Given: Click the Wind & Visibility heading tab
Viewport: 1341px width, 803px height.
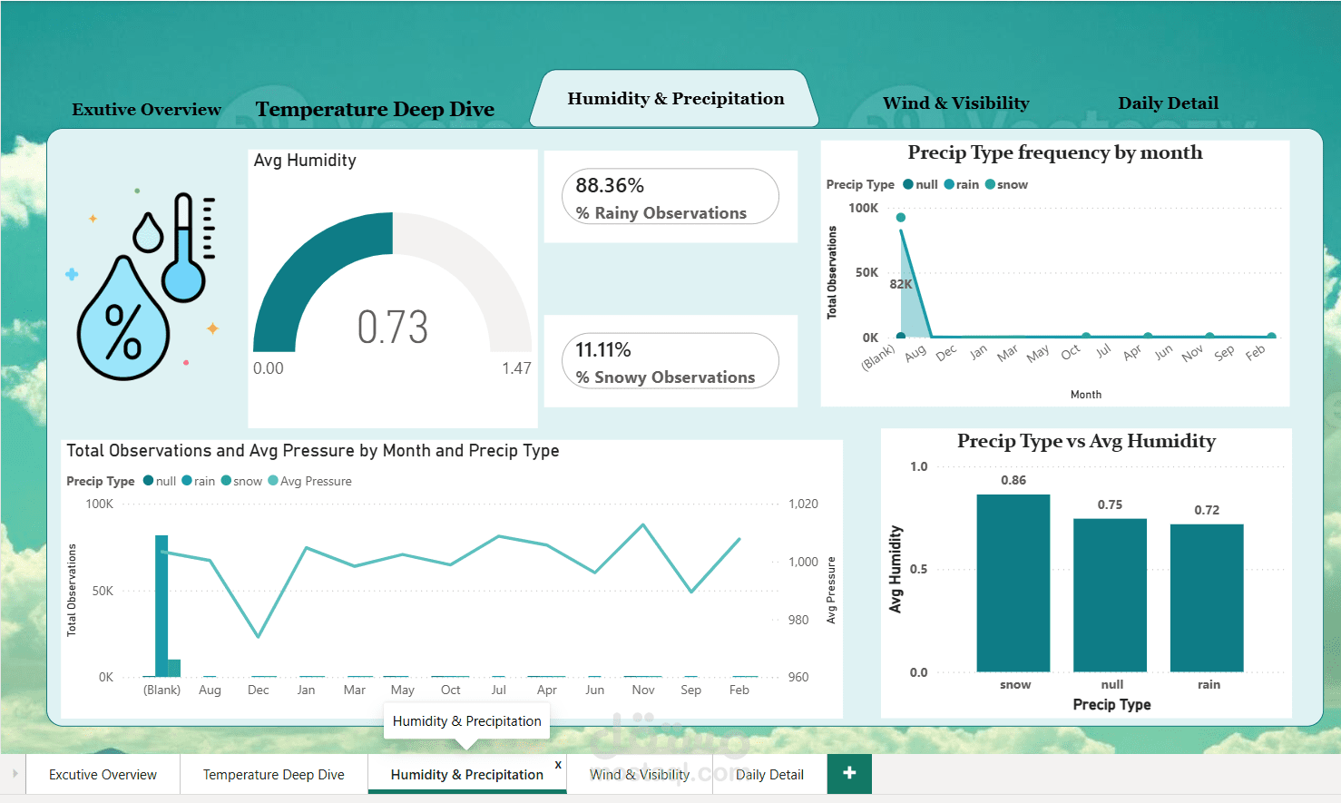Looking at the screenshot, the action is click(956, 103).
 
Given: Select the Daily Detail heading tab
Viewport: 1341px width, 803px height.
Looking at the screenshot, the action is click(1168, 103).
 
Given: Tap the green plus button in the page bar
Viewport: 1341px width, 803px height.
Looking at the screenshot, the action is click(849, 774).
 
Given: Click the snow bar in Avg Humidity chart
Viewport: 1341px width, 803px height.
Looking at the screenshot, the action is click(1013, 583).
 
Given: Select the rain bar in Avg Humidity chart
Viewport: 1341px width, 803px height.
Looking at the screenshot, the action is click(1207, 598).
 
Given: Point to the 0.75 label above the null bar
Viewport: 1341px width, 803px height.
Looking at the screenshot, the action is click(1110, 504).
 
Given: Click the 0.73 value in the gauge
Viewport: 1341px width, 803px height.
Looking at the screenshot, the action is click(393, 328).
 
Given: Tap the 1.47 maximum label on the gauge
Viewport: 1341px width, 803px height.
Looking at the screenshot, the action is click(516, 367).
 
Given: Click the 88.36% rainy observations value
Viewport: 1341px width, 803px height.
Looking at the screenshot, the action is click(610, 186).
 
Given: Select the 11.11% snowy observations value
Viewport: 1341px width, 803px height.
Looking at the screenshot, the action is click(602, 349).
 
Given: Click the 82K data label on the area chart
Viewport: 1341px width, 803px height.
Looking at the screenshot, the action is click(900, 284).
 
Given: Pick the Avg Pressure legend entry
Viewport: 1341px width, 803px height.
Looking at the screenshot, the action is click(309, 481).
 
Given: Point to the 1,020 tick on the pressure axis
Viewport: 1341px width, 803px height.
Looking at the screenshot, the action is click(803, 504).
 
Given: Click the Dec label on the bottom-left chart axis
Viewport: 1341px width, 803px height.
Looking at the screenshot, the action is click(258, 690).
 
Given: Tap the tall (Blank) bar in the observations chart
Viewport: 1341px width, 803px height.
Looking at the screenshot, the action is click(161, 606).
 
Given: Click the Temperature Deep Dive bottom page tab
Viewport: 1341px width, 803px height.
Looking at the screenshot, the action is click(274, 774).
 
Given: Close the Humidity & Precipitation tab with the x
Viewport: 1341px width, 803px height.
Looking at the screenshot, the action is click(558, 765).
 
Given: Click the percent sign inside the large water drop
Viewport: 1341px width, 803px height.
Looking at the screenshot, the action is click(123, 331).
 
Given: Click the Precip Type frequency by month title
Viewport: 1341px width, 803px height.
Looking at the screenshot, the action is click(1055, 152).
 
